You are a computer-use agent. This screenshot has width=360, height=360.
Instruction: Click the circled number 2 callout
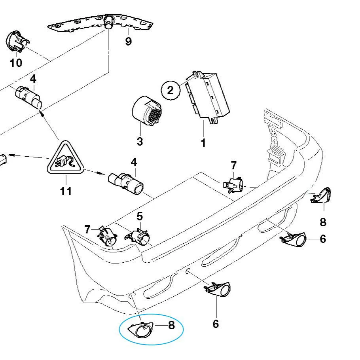click(171, 90)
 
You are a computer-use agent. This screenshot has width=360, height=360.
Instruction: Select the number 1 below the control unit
click(203, 142)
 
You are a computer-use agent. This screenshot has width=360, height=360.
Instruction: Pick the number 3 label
click(140, 141)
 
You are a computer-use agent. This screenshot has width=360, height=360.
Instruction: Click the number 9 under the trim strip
click(128, 41)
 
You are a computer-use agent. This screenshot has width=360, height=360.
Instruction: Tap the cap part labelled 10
click(17, 41)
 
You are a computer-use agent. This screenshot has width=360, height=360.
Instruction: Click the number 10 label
click(16, 63)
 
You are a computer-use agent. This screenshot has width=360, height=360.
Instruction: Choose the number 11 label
click(66, 191)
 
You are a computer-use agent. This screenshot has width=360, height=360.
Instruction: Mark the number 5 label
click(140, 216)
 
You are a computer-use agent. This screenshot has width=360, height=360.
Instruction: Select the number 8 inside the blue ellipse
click(171, 325)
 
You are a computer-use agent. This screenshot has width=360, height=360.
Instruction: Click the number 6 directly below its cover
click(216, 324)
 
